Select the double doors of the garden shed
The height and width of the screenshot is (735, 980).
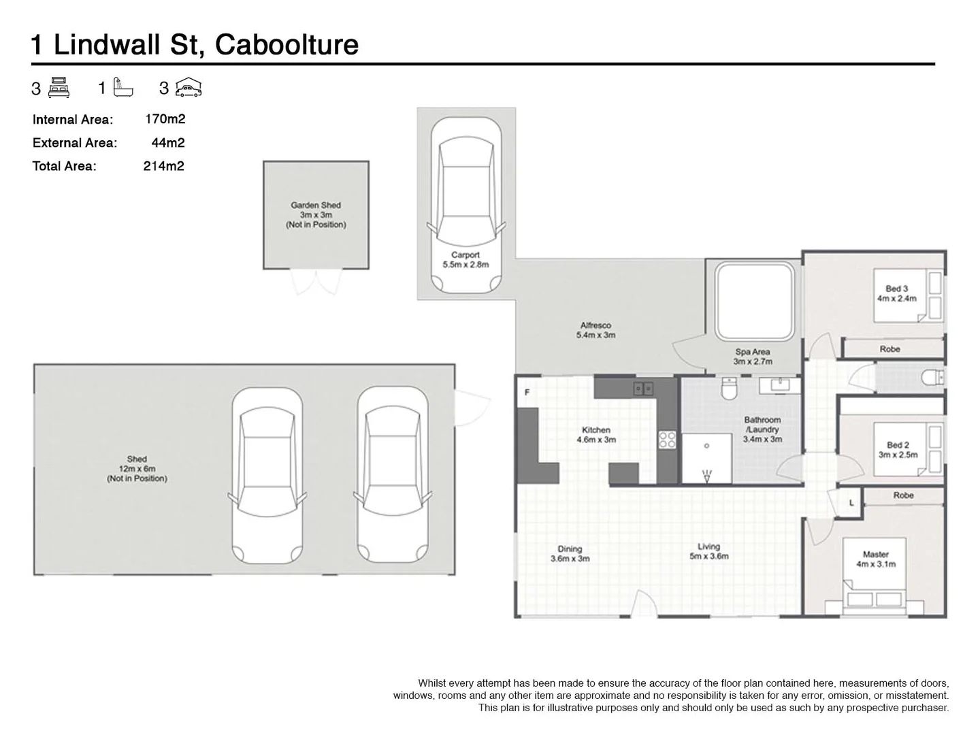(x=316, y=282)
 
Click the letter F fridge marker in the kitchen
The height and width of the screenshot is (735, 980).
(x=527, y=393)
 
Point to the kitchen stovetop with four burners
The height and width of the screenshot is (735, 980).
(x=667, y=440)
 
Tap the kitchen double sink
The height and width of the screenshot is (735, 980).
(x=643, y=389)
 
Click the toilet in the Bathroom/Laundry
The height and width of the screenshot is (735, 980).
(x=729, y=389)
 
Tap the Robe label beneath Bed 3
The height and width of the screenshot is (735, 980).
(x=889, y=349)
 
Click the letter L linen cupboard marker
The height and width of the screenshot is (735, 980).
(x=851, y=504)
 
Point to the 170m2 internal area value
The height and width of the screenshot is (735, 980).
(x=165, y=119)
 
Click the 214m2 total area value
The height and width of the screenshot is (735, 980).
(x=163, y=166)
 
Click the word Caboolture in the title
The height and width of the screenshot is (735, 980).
(x=287, y=45)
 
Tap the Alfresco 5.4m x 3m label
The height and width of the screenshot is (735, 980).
(x=595, y=330)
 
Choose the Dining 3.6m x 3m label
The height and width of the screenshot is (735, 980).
(x=570, y=553)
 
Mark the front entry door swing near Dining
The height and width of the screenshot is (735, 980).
(x=644, y=604)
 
